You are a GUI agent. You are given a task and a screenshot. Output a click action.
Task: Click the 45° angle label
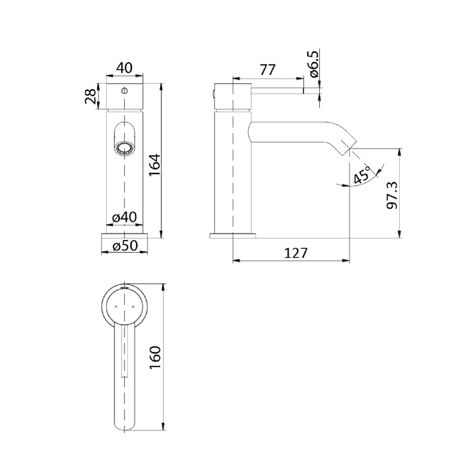coord(362,176)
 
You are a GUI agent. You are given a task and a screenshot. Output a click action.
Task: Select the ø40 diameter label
coord(124,217)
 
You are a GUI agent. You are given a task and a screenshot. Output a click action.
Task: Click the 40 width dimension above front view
coord(124,68)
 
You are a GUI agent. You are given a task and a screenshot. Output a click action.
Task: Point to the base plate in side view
coord(233,236)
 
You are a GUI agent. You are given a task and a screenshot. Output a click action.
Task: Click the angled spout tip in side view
coord(345,144)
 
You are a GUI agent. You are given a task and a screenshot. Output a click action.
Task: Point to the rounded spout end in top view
coord(124,427)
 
